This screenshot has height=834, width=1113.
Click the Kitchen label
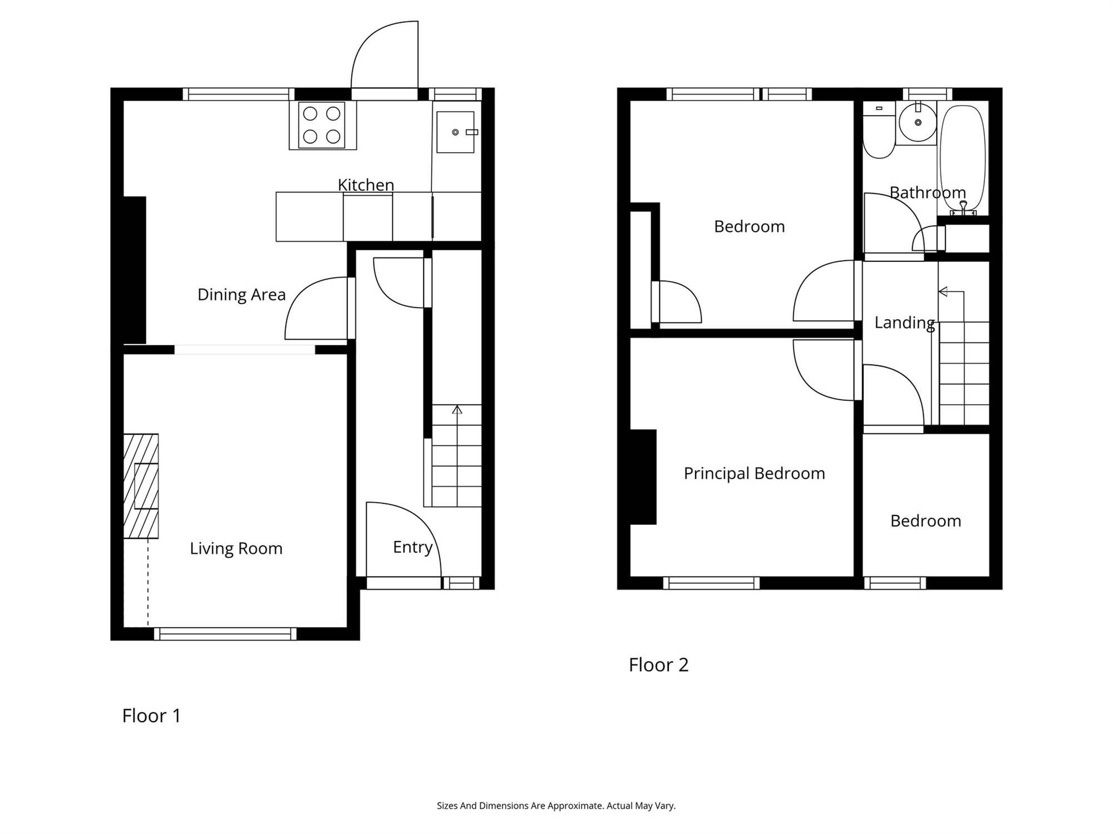coord(366,185)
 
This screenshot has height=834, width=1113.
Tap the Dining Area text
coord(242,295)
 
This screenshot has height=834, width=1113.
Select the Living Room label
coord(236,549)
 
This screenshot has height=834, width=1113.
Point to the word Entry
coord(412,548)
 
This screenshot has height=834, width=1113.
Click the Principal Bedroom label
coord(754,474)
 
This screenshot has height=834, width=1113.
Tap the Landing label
coord(904,323)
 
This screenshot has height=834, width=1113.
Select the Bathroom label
coord(928,193)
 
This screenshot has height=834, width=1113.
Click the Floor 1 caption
coord(151,716)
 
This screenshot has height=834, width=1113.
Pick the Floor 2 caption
coord(658,665)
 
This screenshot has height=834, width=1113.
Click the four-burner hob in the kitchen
coord(322,125)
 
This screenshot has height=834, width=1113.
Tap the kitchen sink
coord(455,132)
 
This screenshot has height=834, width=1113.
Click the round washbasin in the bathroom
coord(917,123)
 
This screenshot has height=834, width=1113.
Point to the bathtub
coord(963,159)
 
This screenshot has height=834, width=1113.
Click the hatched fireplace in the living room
coord(141,486)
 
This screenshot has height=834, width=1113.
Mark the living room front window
coord(225,634)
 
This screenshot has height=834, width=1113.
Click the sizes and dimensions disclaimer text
coord(556,806)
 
